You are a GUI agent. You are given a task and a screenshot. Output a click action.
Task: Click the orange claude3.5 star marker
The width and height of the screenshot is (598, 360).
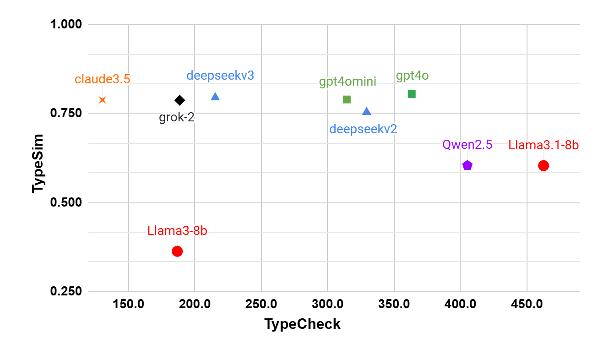point(103,99)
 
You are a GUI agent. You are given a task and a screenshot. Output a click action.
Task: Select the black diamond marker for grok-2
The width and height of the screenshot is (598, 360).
point(179,100)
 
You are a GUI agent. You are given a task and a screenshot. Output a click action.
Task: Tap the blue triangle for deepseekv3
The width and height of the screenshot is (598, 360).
point(215,97)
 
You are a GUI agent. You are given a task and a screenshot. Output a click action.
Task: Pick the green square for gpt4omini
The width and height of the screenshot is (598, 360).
point(347,99)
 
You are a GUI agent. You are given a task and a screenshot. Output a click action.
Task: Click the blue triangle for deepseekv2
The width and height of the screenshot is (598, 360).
point(367,111)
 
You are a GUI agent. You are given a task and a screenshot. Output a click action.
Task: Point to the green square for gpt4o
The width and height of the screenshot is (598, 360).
point(412,94)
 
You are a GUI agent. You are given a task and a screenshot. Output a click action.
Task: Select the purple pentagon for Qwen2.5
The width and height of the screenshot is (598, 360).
point(467,165)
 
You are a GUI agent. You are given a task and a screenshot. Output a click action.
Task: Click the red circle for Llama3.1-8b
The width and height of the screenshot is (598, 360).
point(544,165)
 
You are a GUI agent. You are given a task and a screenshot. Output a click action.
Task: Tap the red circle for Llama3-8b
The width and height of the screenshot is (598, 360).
point(177,251)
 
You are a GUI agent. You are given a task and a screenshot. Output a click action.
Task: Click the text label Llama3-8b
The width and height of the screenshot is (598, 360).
point(177,231)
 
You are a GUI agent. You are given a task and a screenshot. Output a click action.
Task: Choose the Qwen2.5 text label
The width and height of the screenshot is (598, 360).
point(467,145)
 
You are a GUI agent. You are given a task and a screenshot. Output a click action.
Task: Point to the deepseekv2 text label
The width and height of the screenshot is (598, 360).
point(363,129)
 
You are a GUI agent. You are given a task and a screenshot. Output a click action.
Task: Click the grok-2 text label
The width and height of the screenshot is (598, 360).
point(177,118)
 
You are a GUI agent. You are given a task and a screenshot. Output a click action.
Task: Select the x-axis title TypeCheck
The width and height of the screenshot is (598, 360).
point(302,324)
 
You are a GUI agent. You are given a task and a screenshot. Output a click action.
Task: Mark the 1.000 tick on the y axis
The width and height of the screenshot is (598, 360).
point(65,24)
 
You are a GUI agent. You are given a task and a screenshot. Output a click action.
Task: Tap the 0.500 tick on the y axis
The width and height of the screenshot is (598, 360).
point(65,202)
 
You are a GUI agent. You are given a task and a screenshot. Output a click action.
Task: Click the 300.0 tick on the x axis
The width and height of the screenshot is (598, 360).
point(327,304)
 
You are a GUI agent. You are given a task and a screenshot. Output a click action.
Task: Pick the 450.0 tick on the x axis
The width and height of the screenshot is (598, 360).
point(527,304)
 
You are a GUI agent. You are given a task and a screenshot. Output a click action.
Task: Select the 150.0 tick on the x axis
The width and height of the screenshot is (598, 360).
point(129,304)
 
